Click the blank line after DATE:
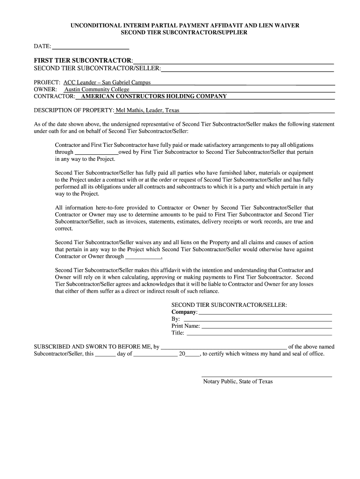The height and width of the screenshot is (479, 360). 90,47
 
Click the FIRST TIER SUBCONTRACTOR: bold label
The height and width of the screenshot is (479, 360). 83,61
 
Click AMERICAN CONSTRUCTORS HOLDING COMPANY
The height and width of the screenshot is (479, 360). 154,96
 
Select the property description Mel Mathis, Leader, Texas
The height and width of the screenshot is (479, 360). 147,111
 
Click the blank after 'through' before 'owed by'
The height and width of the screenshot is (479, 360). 97,152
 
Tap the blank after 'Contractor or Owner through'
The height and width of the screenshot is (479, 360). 143,256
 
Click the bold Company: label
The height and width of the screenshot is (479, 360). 184,312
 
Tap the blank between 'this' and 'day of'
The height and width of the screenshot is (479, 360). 106,354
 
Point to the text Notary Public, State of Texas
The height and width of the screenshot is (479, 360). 238,382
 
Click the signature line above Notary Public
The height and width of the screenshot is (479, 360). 266,376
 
